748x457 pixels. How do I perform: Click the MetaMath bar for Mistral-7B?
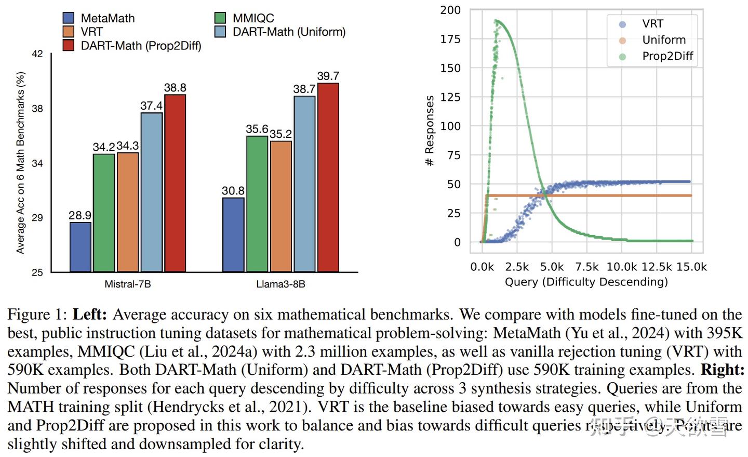click(x=81, y=247)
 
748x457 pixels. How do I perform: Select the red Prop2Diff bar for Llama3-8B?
click(x=328, y=177)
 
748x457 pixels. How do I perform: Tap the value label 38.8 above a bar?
click(x=175, y=88)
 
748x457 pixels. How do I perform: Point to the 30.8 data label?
click(x=233, y=191)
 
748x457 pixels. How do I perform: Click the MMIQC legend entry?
click(x=245, y=18)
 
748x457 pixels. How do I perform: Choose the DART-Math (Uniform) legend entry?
click(x=280, y=32)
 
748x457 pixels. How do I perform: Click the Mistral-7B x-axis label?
click(x=128, y=284)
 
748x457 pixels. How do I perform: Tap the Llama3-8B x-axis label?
click(x=280, y=284)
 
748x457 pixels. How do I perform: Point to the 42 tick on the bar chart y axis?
click(x=37, y=54)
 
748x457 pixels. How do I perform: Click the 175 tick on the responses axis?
click(x=450, y=39)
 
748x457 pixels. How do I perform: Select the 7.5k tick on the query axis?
click(x=586, y=267)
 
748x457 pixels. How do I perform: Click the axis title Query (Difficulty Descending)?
click(x=586, y=282)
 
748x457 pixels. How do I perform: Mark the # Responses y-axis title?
click(x=430, y=131)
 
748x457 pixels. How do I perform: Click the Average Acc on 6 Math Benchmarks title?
click(x=20, y=162)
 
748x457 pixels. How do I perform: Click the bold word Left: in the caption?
click(x=89, y=315)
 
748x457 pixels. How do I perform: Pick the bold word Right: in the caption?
click(x=723, y=370)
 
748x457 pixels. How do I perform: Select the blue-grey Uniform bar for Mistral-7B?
click(x=151, y=192)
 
